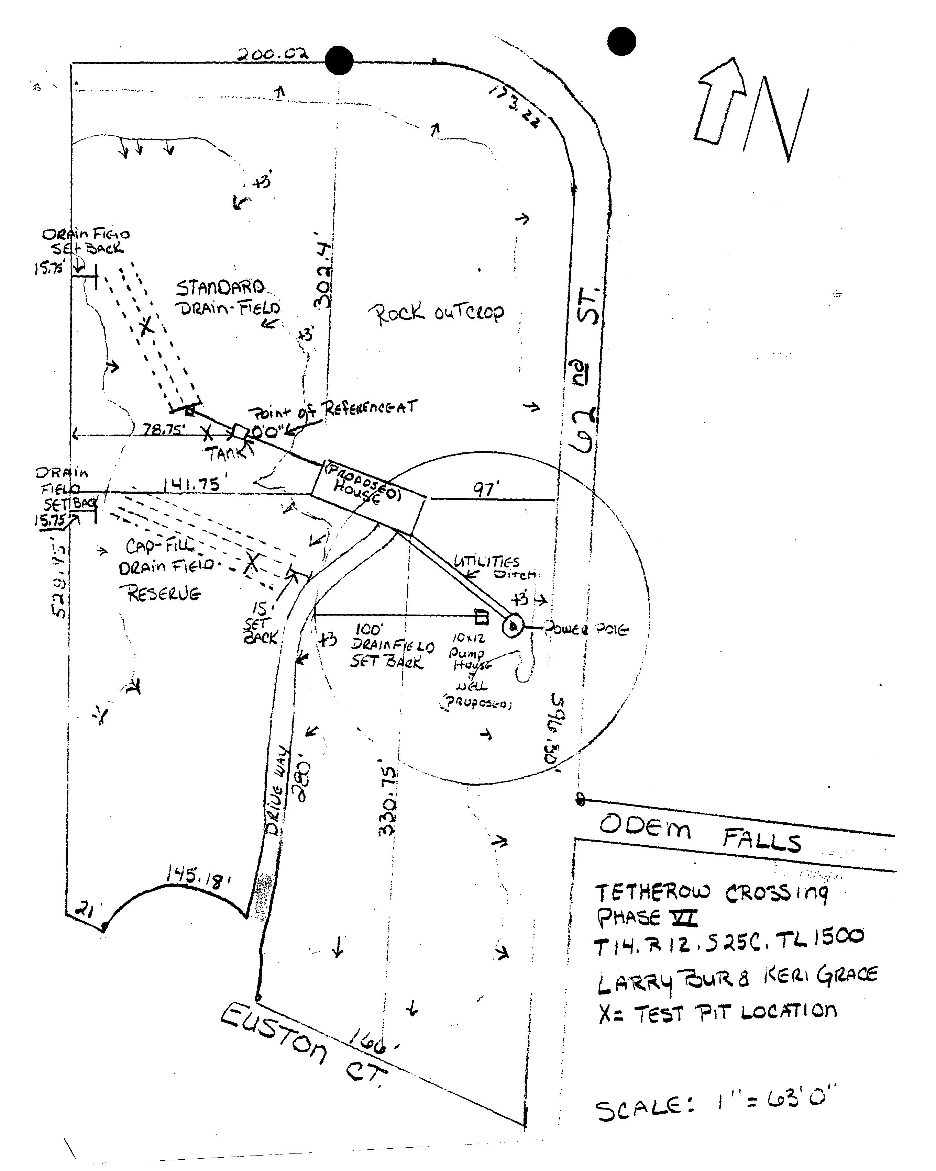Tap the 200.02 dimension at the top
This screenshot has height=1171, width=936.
[x=273, y=54]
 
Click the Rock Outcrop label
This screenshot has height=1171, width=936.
[x=436, y=313]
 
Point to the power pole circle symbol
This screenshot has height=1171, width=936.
[x=513, y=627]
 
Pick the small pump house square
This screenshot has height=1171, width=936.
[x=481, y=618]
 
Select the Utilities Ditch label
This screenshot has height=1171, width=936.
[x=492, y=566]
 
